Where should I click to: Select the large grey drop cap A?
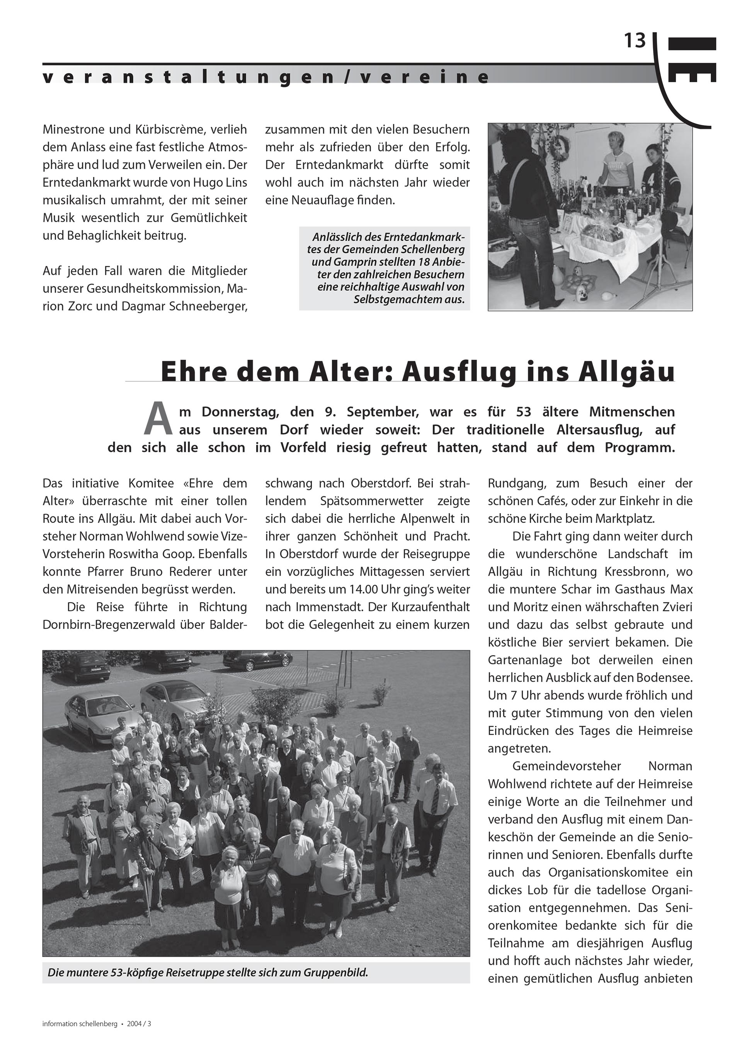click(x=158, y=419)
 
